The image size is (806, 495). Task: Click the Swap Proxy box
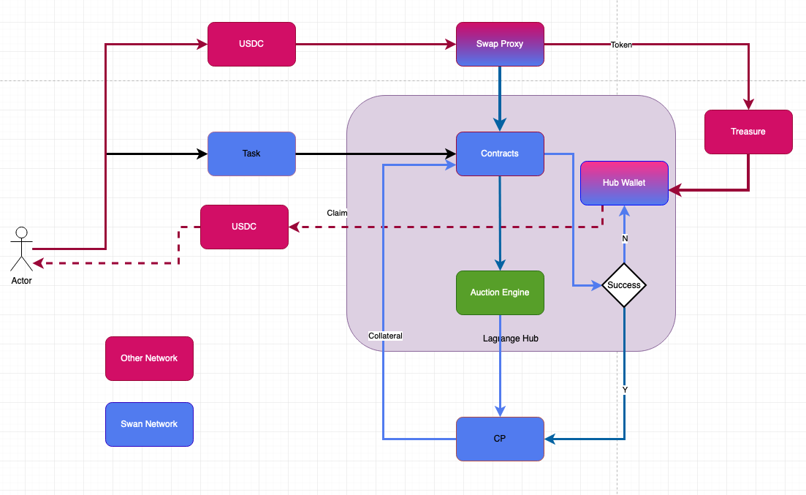[500, 44]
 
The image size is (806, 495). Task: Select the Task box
[251, 154]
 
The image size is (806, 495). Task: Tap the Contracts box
[500, 154]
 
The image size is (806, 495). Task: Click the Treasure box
[748, 132]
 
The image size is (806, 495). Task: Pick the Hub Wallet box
[624, 183]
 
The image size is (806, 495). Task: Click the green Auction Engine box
[500, 292]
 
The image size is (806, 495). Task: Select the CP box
[500, 439]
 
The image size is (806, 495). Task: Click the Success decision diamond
[624, 285]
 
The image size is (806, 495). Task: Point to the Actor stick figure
[21, 249]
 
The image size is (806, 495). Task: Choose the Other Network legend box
[149, 358]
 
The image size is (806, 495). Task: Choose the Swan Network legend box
[149, 424]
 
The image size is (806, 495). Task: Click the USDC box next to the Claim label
[244, 227]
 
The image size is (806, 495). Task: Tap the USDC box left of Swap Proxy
[251, 44]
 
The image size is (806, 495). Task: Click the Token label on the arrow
[621, 45]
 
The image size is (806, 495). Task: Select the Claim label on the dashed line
[337, 213]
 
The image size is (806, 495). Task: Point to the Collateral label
[385, 336]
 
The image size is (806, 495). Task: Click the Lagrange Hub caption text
[511, 339]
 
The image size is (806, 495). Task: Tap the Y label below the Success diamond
[625, 390]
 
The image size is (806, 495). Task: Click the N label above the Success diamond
[625, 238]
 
